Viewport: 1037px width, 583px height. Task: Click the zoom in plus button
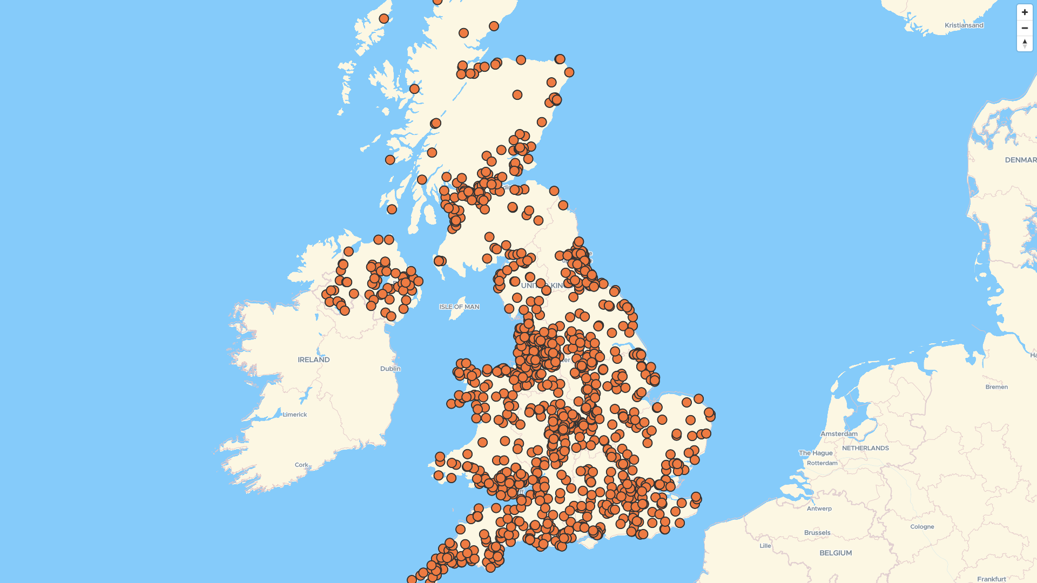tap(1025, 12)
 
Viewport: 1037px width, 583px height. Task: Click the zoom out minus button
tap(1025, 28)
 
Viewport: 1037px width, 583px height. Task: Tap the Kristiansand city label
tap(964, 25)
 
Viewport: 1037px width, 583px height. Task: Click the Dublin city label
tap(390, 369)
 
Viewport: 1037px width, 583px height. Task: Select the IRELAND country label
tap(313, 360)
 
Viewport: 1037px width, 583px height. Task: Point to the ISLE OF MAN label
tap(459, 307)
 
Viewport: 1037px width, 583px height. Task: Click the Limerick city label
tap(295, 415)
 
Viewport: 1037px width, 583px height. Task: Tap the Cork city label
tap(301, 465)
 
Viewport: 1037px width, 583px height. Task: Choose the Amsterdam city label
tap(839, 433)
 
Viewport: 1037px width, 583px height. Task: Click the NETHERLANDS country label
tap(865, 448)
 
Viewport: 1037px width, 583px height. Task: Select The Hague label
tap(816, 453)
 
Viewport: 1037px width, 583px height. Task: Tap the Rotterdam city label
tap(822, 463)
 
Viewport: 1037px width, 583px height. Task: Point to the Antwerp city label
tap(819, 509)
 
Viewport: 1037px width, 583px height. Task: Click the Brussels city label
tap(817, 533)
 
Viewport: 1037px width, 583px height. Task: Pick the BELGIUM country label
tap(836, 553)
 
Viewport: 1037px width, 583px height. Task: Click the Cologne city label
tap(922, 527)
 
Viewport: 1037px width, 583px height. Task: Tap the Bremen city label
tap(996, 387)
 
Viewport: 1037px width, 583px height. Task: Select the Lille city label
tap(765, 546)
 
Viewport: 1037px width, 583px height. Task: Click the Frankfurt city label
tap(991, 579)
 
